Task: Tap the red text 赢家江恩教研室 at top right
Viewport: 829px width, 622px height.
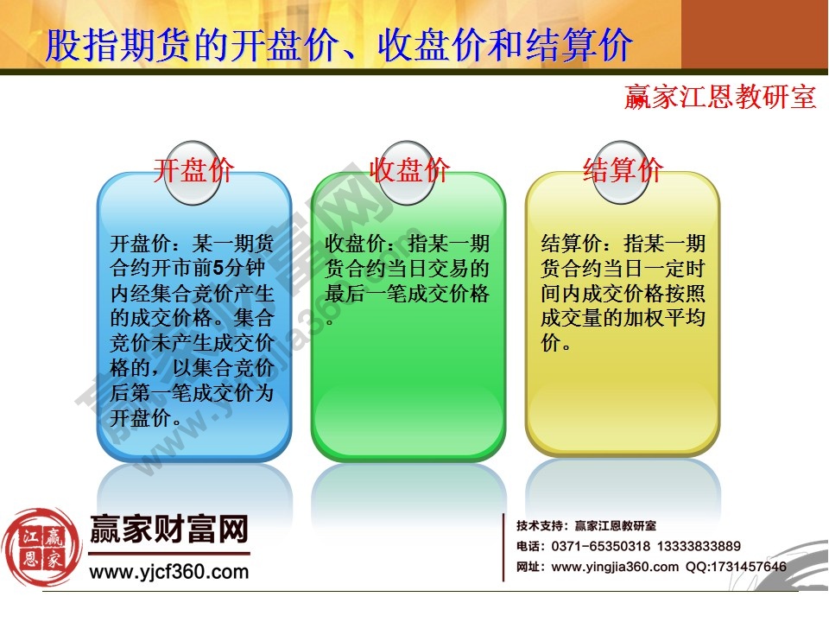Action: (x=720, y=97)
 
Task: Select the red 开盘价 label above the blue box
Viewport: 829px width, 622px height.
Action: (x=193, y=169)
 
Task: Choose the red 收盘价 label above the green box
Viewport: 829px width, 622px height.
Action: (x=408, y=169)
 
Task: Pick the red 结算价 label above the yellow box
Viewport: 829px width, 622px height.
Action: (x=623, y=169)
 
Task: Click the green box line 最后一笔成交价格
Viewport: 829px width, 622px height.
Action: (x=408, y=294)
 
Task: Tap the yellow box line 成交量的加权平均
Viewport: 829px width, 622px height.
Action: (x=623, y=319)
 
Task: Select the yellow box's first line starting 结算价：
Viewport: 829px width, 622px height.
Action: (x=623, y=244)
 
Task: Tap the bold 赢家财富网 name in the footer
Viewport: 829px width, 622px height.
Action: (x=169, y=529)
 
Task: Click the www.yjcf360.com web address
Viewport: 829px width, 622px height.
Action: (x=169, y=571)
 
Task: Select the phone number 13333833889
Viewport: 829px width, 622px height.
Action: (x=699, y=546)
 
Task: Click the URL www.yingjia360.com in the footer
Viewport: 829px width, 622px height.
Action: (x=615, y=567)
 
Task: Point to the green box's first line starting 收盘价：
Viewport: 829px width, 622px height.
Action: (x=408, y=244)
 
